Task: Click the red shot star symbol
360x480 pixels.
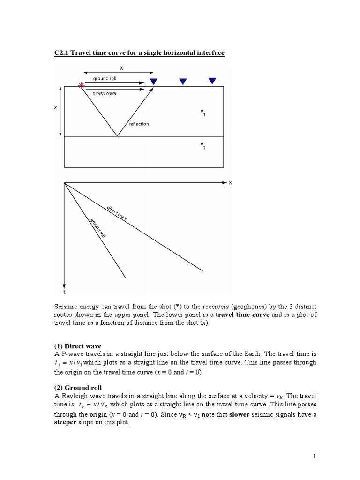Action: [82, 86]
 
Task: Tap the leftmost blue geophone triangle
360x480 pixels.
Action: [154, 82]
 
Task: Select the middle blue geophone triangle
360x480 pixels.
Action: [183, 82]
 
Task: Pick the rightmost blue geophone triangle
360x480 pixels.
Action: [212, 81]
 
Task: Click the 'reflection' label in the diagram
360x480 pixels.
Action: [139, 124]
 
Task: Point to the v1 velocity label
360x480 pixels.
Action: [202, 112]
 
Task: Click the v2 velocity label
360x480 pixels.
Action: [202, 146]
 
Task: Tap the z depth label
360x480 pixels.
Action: [55, 107]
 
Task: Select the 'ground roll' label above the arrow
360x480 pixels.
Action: [105, 78]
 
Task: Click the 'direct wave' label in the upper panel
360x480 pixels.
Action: [105, 93]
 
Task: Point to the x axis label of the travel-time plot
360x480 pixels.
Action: [230, 183]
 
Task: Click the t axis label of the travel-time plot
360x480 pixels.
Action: [64, 292]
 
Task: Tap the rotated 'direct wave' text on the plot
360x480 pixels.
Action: [117, 212]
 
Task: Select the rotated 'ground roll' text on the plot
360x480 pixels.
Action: [97, 227]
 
